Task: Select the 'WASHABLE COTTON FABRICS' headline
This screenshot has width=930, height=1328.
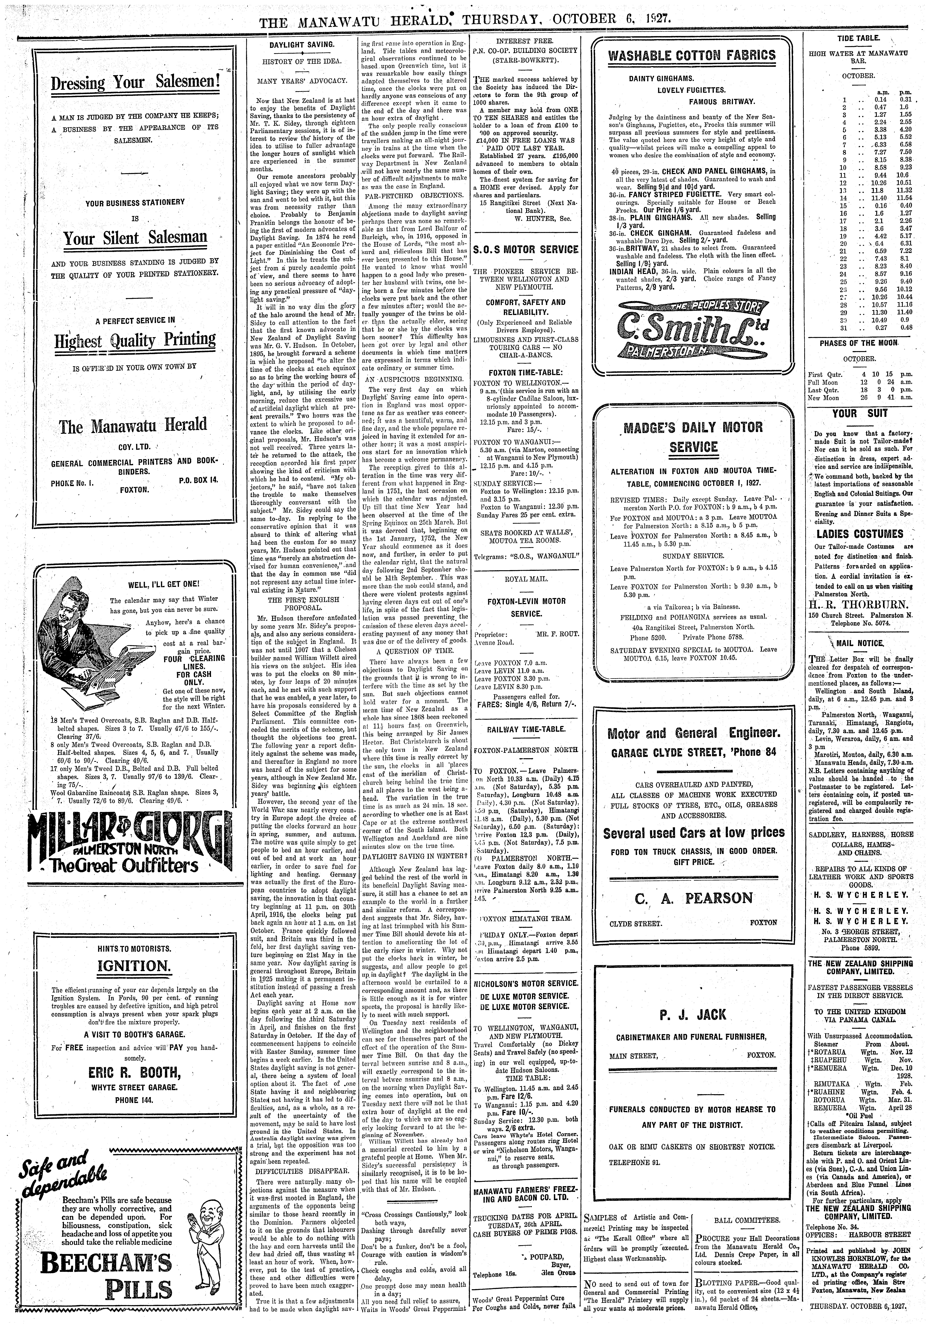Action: [692, 56]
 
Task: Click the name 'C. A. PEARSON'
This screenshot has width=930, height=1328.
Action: [693, 898]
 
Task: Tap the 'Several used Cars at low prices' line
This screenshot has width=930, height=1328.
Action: [693, 833]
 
